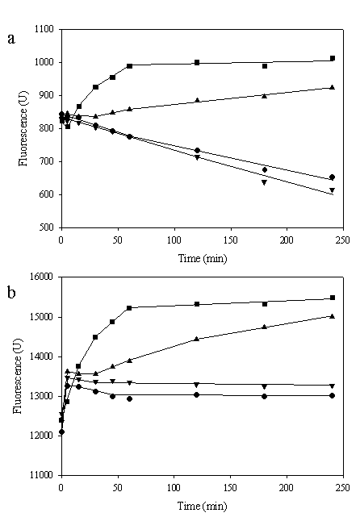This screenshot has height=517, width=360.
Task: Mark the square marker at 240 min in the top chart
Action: [x=333, y=58]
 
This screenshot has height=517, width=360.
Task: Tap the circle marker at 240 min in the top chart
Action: [x=333, y=177]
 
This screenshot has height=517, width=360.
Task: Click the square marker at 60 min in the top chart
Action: [x=129, y=65]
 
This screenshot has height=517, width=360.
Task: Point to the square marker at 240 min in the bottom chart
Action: [x=333, y=298]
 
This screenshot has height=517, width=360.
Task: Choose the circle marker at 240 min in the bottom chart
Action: [x=333, y=395]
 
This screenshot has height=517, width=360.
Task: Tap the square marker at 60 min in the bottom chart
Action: [x=129, y=307]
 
